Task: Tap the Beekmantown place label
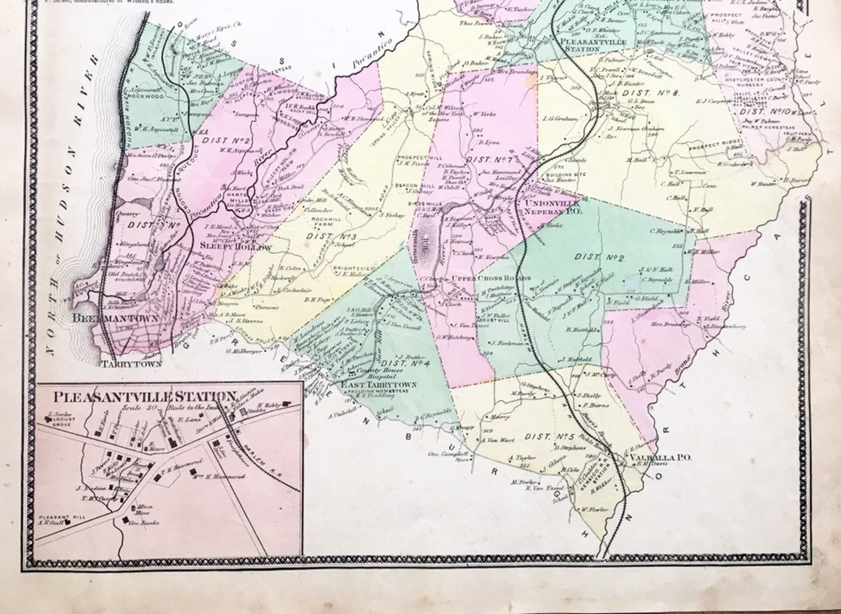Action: (116, 318)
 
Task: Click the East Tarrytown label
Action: (379, 385)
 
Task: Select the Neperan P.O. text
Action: (552, 211)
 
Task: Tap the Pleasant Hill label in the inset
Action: (55, 517)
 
